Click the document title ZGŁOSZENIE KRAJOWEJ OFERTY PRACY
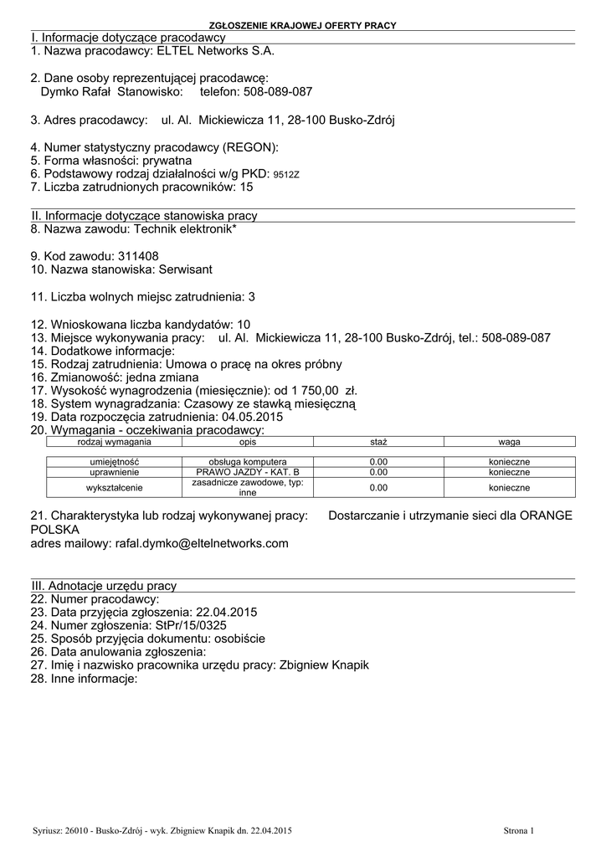(x=302, y=26)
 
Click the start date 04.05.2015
(x=252, y=417)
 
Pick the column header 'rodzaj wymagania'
(x=114, y=441)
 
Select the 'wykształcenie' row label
(x=115, y=488)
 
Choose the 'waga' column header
(x=509, y=441)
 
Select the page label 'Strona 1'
(x=518, y=830)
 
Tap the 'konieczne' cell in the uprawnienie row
(x=509, y=472)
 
